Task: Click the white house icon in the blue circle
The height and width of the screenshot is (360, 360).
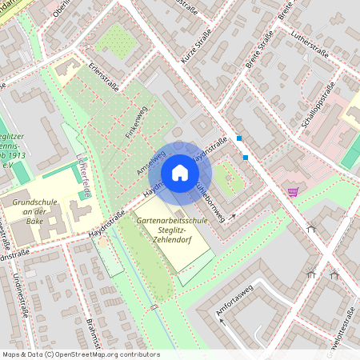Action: [x=180, y=173]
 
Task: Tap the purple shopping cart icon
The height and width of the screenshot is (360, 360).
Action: [x=293, y=191]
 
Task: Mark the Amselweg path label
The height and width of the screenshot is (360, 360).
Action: [x=151, y=163]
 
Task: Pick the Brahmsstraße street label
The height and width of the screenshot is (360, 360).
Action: [x=94, y=335]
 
